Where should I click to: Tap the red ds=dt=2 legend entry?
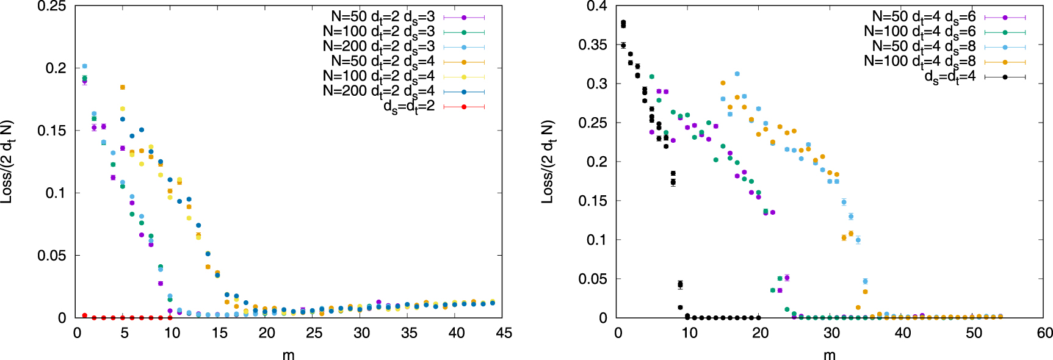click(409, 107)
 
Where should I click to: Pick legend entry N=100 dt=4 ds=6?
click(920, 32)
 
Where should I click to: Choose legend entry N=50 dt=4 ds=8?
click(924, 46)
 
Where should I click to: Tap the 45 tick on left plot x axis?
click(504, 333)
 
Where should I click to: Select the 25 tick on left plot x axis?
click(314, 333)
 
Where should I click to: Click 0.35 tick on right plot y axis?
click(593, 45)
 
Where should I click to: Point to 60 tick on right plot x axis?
click(1044, 333)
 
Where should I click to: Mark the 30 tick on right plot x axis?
click(831, 333)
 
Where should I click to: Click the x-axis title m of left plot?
click(288, 355)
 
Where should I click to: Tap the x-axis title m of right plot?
click(829, 355)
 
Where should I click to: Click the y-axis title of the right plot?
click(548, 162)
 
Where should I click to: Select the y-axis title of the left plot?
click(7, 162)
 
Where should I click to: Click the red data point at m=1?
click(84, 315)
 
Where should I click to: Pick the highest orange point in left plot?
click(123, 87)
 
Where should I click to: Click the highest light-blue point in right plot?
click(737, 74)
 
